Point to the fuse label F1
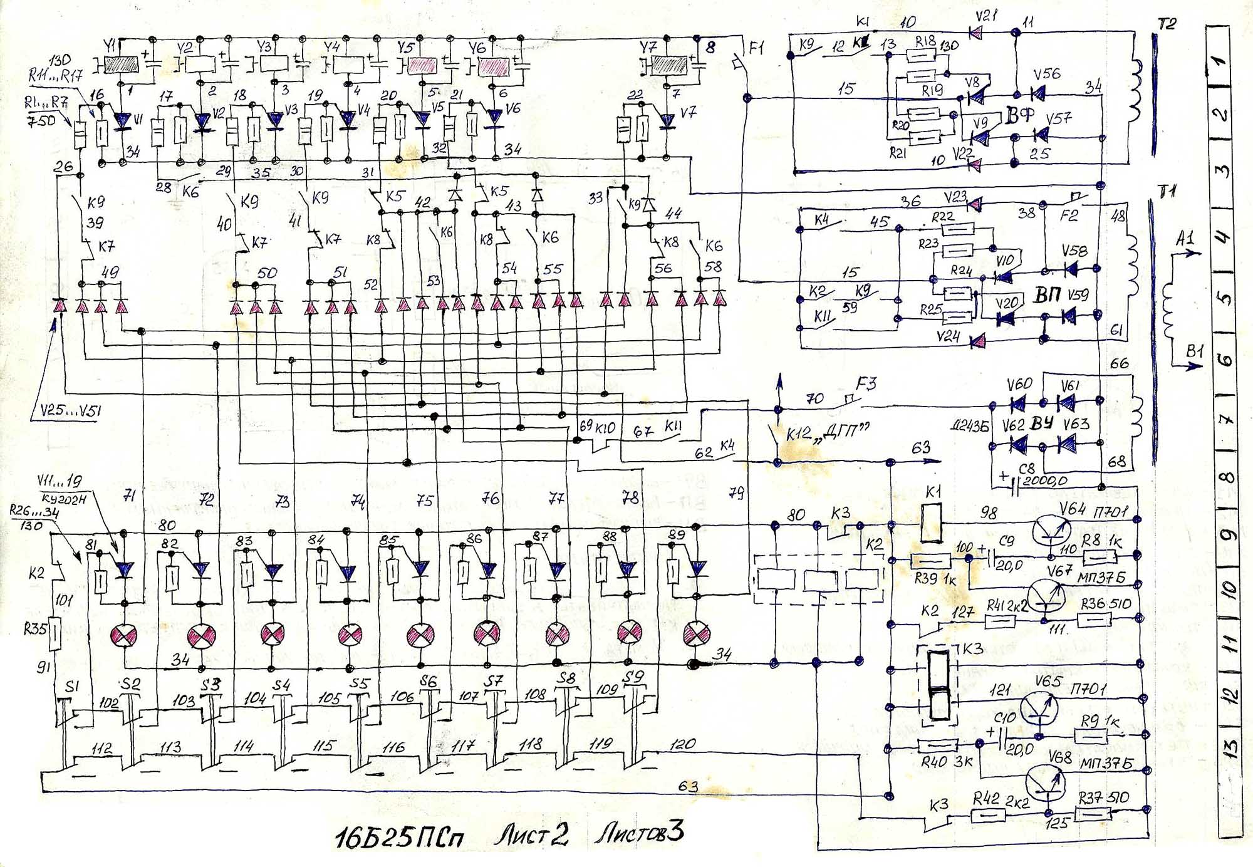(x=756, y=48)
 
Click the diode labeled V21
(x=975, y=31)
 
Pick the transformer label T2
(x=1167, y=24)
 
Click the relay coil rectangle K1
(x=932, y=522)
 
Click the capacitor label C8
(x=1027, y=469)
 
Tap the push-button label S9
(x=633, y=677)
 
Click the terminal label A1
(x=1185, y=238)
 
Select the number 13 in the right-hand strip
(x=1229, y=747)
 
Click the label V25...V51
(x=70, y=411)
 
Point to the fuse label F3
(x=866, y=383)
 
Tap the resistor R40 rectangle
(x=937, y=745)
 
